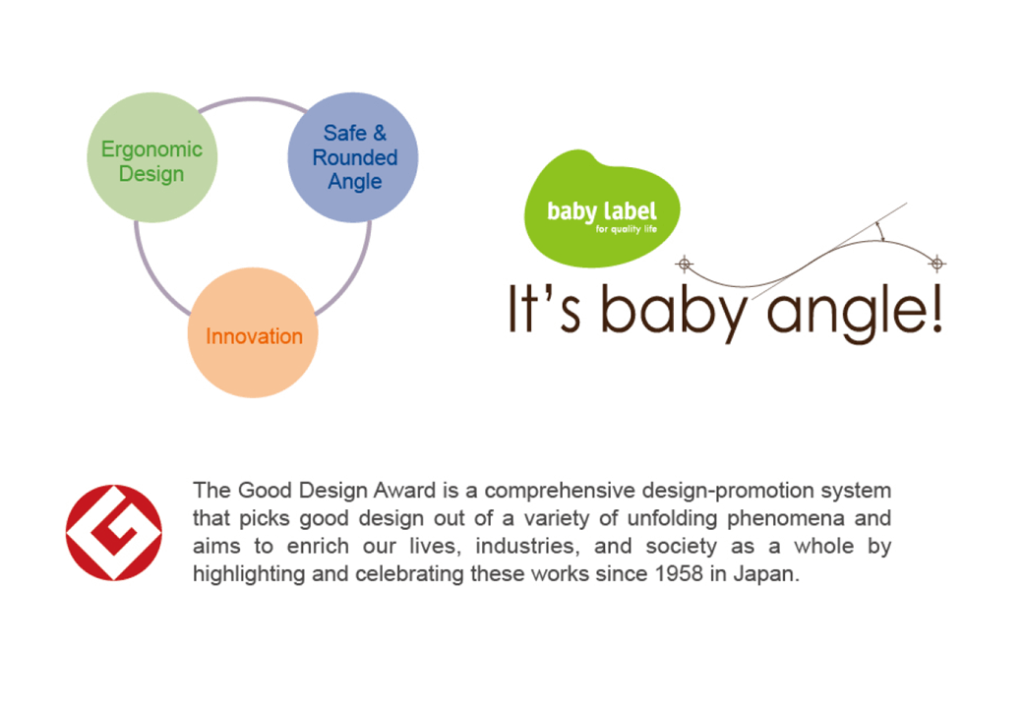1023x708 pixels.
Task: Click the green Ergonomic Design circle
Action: (x=152, y=157)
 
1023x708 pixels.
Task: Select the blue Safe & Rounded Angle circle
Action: (x=353, y=157)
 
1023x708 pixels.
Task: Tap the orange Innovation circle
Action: (x=253, y=332)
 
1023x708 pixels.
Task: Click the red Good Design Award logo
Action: (x=113, y=533)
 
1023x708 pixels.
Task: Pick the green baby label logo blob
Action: (x=602, y=208)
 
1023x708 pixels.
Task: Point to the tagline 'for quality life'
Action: (x=627, y=229)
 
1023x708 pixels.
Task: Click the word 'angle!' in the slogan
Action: (x=855, y=313)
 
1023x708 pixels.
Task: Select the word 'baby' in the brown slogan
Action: (x=673, y=313)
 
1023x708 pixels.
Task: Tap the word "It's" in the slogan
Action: (x=544, y=309)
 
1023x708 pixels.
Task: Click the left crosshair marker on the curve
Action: (x=685, y=265)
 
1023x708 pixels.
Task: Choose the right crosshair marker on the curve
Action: (x=937, y=265)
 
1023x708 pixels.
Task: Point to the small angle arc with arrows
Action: (x=880, y=230)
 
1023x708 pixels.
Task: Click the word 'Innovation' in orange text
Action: (x=254, y=336)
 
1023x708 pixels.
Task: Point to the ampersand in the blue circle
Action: (x=379, y=133)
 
